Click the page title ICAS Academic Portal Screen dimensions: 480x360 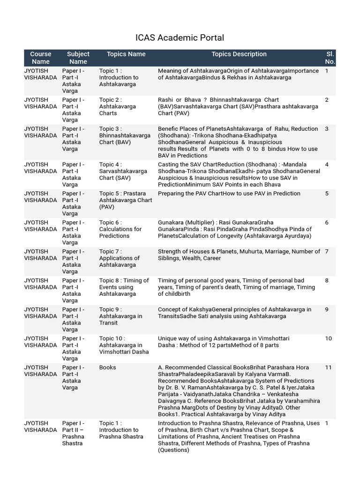click(180, 38)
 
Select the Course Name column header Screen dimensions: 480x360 click(41, 58)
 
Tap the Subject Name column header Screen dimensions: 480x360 click(78, 58)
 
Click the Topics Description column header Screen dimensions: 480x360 click(239, 54)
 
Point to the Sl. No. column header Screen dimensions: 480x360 click(330, 58)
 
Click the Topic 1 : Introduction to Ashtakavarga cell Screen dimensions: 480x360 click(119, 78)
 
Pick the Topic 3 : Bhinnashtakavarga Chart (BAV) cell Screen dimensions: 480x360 click(125, 135)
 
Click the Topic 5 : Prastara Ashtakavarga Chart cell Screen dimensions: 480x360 click(122, 200)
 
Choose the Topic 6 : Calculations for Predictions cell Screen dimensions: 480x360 click(120, 229)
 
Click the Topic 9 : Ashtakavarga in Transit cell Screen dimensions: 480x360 click(120, 316)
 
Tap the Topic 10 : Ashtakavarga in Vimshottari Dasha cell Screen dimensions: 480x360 click(124, 345)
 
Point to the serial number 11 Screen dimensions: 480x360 click(328, 367)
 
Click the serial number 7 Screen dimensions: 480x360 click(327, 252)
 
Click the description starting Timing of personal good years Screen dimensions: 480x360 click(236, 287)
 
